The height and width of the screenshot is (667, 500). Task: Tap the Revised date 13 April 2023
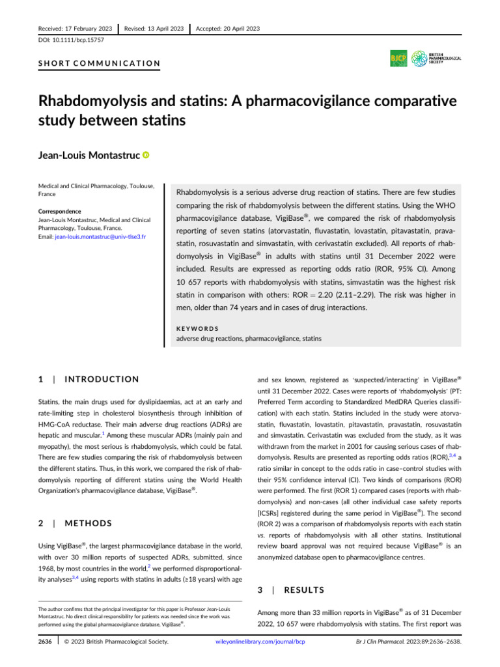click(x=151, y=29)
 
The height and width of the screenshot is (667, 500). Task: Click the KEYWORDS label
click(x=198, y=328)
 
